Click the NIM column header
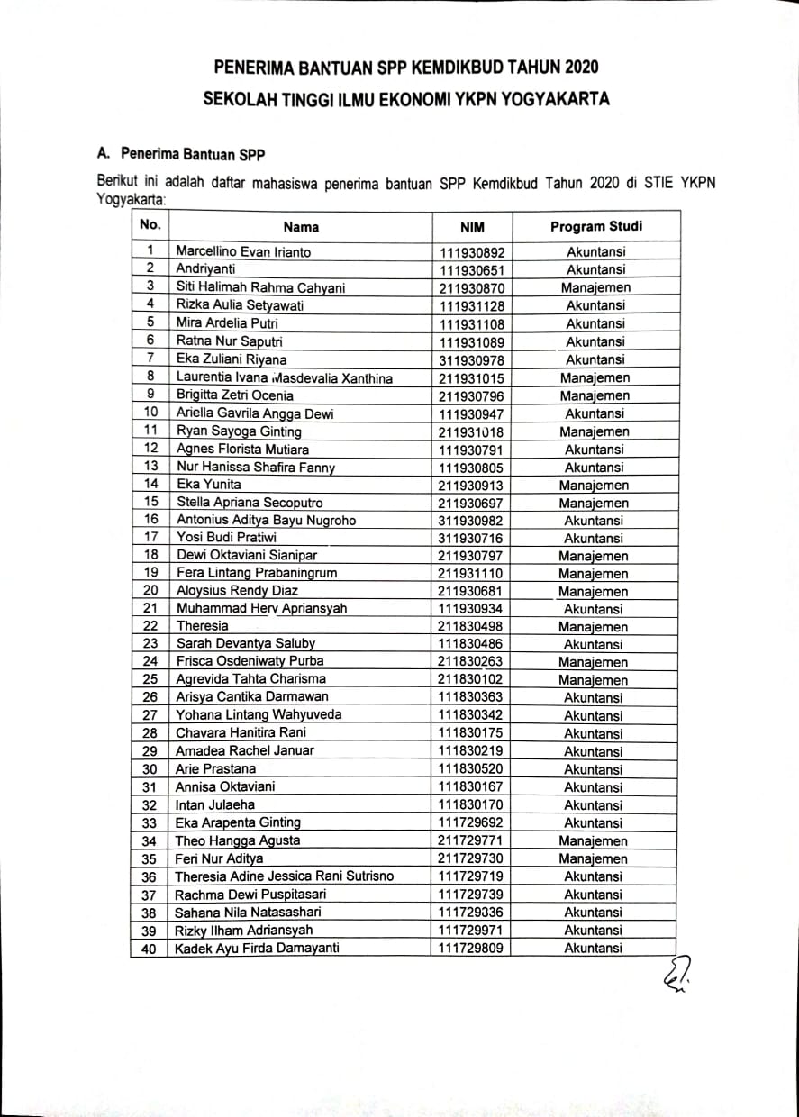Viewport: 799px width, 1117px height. pos(472,228)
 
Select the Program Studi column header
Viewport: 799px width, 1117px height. pos(596,227)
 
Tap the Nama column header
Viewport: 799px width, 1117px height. pos(301,228)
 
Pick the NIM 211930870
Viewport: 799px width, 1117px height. pos(472,288)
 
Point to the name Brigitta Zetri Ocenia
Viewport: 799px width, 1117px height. pos(234,395)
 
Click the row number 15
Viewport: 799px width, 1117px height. pos(150,502)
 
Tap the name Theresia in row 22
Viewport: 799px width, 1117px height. pos(203,626)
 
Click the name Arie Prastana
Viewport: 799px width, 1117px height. pos(215,769)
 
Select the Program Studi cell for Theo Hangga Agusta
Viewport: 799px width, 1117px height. pos(594,841)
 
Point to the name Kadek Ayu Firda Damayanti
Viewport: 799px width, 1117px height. pos(257,949)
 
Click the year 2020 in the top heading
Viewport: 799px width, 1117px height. pos(579,68)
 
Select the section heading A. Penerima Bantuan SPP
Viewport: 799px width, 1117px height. pos(181,153)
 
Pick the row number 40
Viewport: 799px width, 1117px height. pos(150,949)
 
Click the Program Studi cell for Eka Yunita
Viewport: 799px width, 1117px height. pos(594,485)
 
